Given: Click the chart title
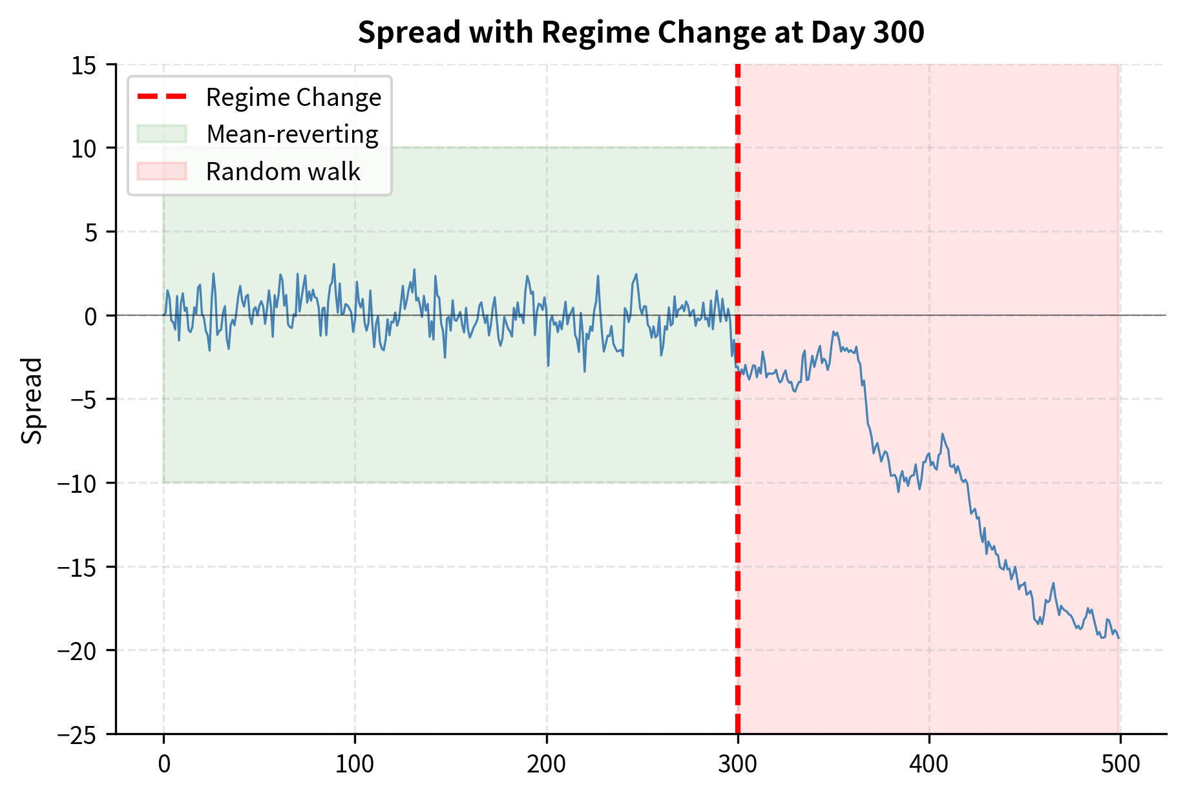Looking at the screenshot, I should (x=641, y=32).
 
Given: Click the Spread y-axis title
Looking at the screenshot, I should (x=32, y=400).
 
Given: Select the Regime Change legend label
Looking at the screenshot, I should (x=293, y=98).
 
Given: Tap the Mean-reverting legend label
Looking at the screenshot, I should (x=292, y=134).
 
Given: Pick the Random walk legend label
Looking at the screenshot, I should (x=283, y=172).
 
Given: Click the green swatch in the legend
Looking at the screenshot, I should (x=162, y=134).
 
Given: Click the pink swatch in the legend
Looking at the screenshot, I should (x=162, y=172).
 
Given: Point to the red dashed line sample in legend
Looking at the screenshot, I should (x=162, y=98).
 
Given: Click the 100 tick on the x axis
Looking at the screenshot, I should (x=355, y=764).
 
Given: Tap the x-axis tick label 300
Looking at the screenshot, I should (x=737, y=764).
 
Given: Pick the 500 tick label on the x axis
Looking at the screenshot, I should (x=1120, y=764).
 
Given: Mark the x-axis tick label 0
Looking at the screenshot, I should (x=164, y=764).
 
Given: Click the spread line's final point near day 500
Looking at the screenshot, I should (x=1118, y=638).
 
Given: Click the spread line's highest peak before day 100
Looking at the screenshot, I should (x=334, y=264).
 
